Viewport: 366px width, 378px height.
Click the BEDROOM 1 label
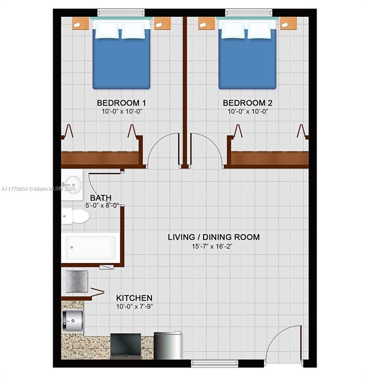point(121,103)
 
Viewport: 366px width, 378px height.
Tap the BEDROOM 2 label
point(248,103)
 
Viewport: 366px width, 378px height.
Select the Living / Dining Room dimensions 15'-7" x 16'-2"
point(212,246)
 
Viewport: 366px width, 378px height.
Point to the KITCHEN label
point(134,298)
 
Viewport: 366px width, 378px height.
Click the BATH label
point(100,198)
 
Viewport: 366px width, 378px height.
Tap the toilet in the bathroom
point(75,216)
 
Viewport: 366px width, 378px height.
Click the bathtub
point(90,248)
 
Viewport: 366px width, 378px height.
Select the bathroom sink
point(72,185)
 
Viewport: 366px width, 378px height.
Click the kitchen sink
point(73,321)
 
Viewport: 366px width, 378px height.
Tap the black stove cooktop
point(126,345)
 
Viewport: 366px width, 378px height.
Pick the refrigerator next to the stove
point(168,345)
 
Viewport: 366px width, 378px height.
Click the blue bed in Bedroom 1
point(121,55)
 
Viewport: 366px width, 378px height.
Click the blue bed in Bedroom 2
point(247,55)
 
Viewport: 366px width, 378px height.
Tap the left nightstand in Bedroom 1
point(80,24)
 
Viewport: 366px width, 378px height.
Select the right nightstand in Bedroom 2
point(289,24)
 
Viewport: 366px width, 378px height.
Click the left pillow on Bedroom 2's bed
point(232,30)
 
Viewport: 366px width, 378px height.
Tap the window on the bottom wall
point(215,363)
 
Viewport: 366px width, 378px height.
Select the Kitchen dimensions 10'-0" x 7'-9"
point(135,307)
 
